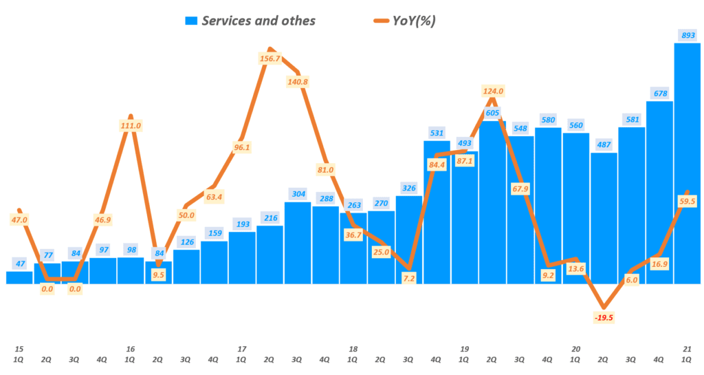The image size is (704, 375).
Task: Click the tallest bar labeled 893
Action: [x=687, y=165]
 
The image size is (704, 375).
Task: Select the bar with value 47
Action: [x=19, y=277]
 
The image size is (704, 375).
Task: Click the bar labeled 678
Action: [x=659, y=193]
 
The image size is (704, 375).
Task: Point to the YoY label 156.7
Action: [x=270, y=58]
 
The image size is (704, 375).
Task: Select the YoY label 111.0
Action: [x=131, y=125]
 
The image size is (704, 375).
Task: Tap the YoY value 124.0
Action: [x=493, y=91]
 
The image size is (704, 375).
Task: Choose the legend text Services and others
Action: [x=258, y=21]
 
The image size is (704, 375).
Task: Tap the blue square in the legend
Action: [x=190, y=21]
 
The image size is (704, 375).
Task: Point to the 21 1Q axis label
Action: [x=687, y=355]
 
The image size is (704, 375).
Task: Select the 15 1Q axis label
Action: [x=19, y=355]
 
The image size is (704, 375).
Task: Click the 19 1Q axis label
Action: [x=465, y=355]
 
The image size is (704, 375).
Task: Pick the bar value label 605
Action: [x=492, y=113]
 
